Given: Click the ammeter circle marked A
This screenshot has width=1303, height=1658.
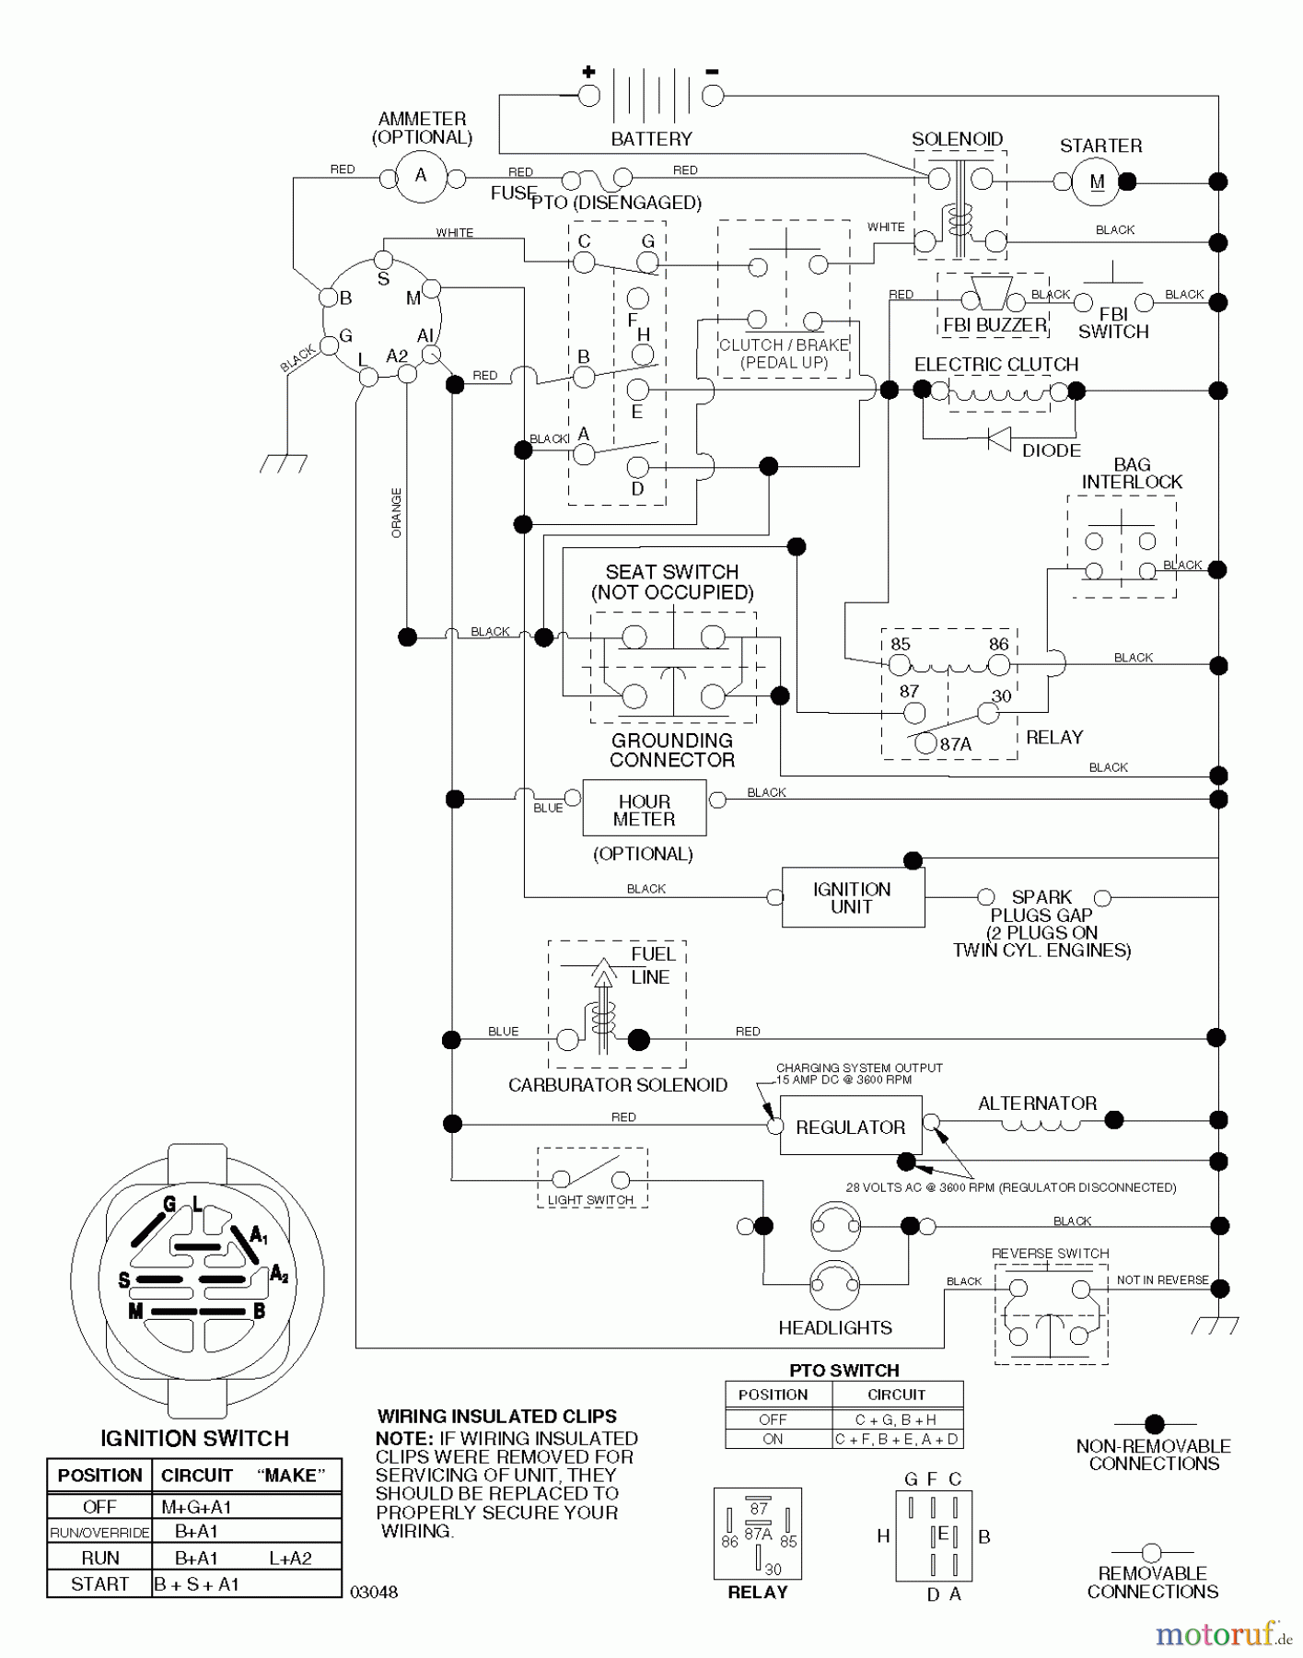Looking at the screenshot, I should (421, 176).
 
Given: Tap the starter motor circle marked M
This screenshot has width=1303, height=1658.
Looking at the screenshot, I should (1096, 181).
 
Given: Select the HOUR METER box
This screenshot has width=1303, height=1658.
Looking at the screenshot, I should (644, 809).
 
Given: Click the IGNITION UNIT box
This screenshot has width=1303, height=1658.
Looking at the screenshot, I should (852, 897).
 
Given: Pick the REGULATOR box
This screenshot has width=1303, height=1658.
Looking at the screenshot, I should (850, 1126).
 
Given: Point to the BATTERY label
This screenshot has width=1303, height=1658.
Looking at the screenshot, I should (651, 139).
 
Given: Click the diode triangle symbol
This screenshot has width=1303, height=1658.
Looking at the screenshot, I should (998, 438).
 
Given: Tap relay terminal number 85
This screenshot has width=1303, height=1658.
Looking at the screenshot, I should (901, 645).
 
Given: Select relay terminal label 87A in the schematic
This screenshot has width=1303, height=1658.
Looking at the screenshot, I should (956, 744).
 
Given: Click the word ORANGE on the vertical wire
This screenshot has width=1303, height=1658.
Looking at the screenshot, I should (397, 513).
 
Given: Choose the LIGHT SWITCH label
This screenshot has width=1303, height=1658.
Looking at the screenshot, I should (590, 1199).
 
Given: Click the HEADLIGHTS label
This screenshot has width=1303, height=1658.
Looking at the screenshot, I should (835, 1327).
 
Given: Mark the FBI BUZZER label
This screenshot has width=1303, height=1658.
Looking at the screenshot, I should (995, 325).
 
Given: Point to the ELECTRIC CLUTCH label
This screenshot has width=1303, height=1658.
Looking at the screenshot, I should (995, 365).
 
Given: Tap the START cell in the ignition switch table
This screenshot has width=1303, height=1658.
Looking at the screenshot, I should (99, 1584).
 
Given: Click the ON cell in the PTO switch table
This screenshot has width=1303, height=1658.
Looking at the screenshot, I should (773, 1439).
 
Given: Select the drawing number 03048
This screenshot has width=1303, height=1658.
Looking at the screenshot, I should (374, 1592).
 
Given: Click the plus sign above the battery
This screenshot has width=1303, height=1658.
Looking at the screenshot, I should (588, 71).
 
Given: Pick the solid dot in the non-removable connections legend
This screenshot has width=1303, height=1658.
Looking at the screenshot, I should (1154, 1424).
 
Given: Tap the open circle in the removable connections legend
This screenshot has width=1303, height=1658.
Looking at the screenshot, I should (1151, 1553).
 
